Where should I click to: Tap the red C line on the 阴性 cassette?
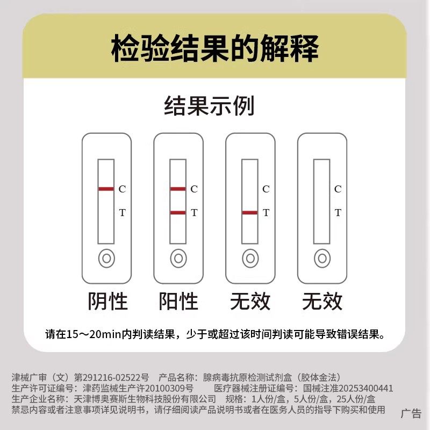(x=106, y=189)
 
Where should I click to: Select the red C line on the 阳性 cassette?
(x=178, y=189)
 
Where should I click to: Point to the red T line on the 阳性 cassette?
(x=178, y=213)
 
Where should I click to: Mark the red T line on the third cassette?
(x=249, y=213)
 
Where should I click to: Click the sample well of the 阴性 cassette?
(x=106, y=259)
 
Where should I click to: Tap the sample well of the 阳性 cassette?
(x=178, y=259)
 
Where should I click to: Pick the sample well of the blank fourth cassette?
(x=322, y=259)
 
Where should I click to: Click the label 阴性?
(x=107, y=301)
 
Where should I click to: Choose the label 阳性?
(x=179, y=301)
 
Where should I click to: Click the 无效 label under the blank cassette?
(x=322, y=301)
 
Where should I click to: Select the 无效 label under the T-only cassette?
(x=250, y=301)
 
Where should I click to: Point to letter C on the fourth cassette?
(x=338, y=189)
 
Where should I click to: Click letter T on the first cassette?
(x=122, y=213)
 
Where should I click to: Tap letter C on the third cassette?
(x=266, y=189)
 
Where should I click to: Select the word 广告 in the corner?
(x=412, y=413)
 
